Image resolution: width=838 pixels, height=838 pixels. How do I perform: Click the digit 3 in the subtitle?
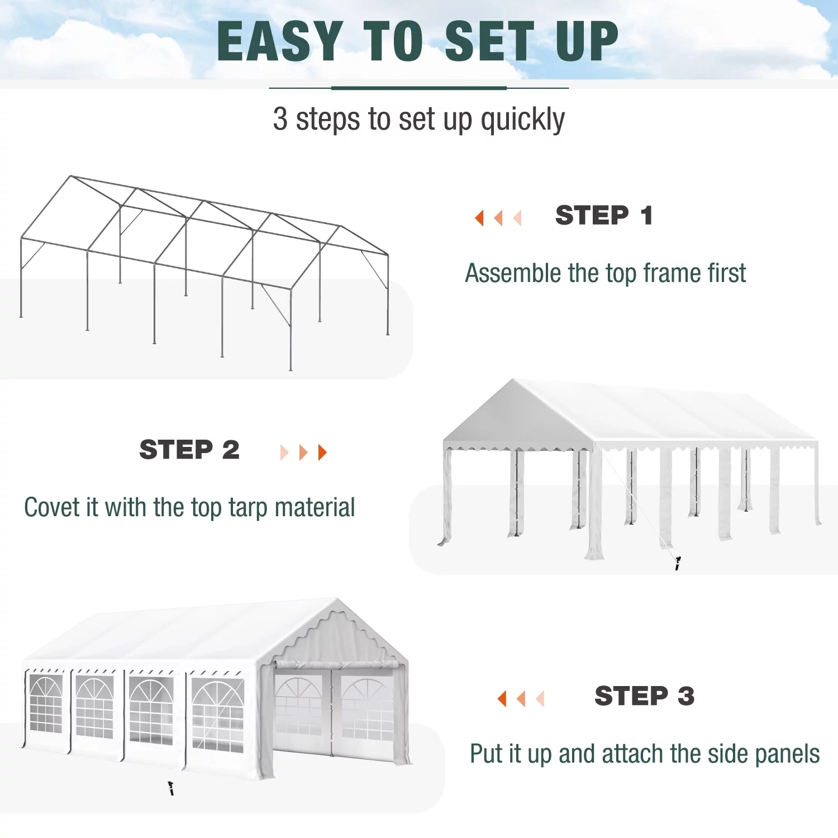coord(280,118)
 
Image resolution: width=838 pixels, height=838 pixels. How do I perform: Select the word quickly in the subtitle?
coord(522,120)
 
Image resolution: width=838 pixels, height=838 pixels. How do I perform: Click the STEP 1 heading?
coord(604,216)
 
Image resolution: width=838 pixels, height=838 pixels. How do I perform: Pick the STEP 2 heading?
coord(189,450)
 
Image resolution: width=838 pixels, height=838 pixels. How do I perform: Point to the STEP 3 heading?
coord(645,696)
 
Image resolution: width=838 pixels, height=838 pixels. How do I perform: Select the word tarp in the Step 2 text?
coord(248,508)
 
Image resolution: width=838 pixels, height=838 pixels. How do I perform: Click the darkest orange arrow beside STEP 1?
coord(479,217)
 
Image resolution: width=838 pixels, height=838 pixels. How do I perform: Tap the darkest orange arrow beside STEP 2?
coord(322,453)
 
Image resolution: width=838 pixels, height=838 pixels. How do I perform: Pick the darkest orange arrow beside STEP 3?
coord(502,698)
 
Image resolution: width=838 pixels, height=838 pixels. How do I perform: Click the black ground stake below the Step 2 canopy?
coord(678,564)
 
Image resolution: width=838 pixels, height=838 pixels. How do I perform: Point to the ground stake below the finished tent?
coord(172,788)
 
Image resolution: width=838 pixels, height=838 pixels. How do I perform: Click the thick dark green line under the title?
coord(419,88)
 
